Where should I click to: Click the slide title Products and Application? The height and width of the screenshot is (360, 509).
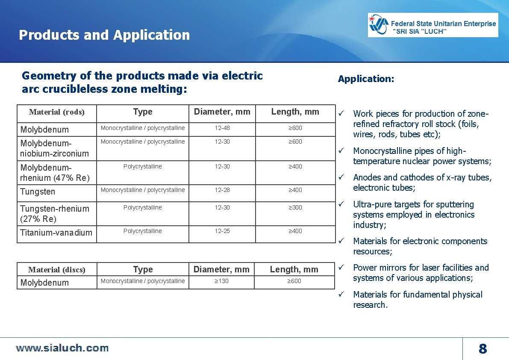point(104,35)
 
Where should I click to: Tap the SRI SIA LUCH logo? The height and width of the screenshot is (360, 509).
point(433,25)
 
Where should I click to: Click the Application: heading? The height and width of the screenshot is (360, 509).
point(366,79)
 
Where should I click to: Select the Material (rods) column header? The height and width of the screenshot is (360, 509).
point(57,112)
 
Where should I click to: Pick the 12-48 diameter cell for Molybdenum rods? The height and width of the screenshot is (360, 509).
point(222,128)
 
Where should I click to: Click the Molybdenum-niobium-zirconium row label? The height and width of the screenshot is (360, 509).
point(55,148)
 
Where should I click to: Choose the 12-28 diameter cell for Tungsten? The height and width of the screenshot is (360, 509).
point(222,190)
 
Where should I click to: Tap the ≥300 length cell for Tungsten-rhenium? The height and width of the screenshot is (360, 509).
point(295,207)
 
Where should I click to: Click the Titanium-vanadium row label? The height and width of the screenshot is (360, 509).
point(56,233)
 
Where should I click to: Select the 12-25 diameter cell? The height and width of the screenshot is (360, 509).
point(222,231)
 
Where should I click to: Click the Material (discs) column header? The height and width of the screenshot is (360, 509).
point(57,270)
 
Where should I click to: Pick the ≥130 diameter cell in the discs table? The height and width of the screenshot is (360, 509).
point(221,281)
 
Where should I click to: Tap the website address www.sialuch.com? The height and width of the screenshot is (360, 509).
point(62,348)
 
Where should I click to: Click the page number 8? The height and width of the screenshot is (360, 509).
point(483,349)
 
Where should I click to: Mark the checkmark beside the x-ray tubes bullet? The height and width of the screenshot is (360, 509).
point(341,177)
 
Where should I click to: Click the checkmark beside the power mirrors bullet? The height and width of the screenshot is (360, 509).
point(341,267)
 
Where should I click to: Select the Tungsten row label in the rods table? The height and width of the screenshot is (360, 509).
point(38,192)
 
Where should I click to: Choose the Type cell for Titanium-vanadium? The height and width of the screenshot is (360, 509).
point(143,231)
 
